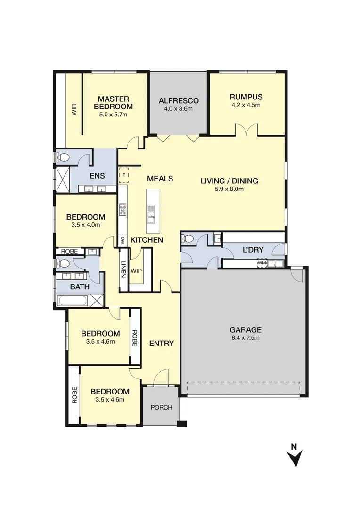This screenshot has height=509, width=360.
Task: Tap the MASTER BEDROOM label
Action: tap(113, 102)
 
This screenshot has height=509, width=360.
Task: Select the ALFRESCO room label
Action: tap(179, 100)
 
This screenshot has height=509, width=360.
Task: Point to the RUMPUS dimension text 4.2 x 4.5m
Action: tap(245, 105)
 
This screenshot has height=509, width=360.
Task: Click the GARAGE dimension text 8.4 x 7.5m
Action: tap(245, 337)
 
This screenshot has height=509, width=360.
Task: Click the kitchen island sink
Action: tap(151, 213)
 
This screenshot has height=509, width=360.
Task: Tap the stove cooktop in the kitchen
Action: tap(123, 209)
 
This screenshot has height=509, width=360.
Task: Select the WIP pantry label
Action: tap(136, 271)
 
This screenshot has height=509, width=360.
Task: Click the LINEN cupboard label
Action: tap(123, 268)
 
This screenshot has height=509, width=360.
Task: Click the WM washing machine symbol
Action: tap(262, 263)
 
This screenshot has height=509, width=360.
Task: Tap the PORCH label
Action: tap(161, 407)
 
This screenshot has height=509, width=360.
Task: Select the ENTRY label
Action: tap(162, 343)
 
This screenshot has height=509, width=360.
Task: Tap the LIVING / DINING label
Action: tap(229, 181)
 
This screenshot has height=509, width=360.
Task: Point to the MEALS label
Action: tap(160, 179)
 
